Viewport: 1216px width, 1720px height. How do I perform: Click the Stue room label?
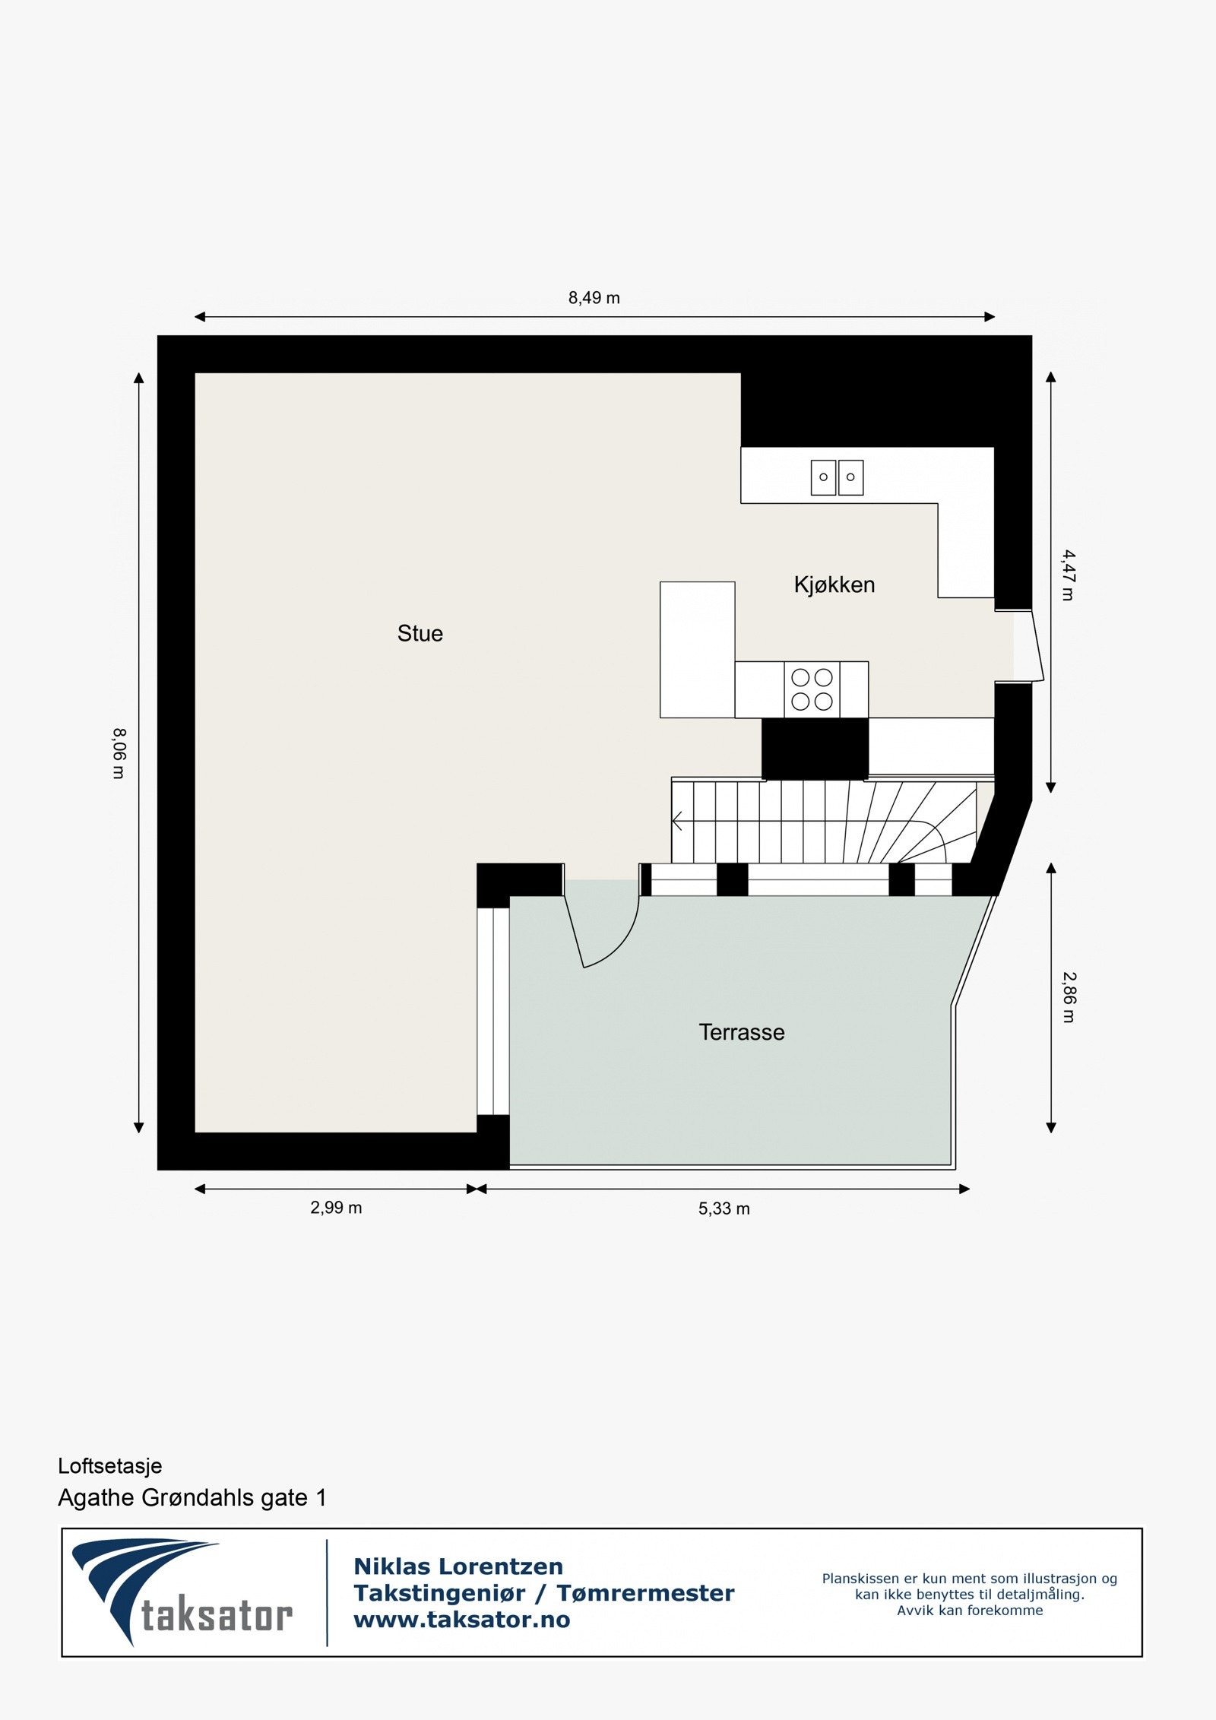pos(420,633)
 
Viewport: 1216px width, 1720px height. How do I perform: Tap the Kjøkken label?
pos(834,584)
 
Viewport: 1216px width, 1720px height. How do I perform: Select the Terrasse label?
pos(741,1032)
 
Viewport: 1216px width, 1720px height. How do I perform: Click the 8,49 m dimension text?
pos(594,298)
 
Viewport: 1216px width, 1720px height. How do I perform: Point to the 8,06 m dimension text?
pos(119,753)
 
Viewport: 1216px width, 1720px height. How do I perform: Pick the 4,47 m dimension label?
pos(1068,575)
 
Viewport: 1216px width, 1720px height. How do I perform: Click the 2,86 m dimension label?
pos(1068,997)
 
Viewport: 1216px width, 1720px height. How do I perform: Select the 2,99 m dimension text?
pos(336,1208)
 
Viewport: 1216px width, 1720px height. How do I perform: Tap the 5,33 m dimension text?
pos(724,1208)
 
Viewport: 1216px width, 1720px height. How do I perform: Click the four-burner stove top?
pos(812,689)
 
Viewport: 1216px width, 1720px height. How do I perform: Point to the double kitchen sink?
pos(837,477)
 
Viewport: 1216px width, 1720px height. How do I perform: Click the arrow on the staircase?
pos(678,822)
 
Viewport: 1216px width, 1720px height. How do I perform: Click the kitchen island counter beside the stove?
pos(697,649)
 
